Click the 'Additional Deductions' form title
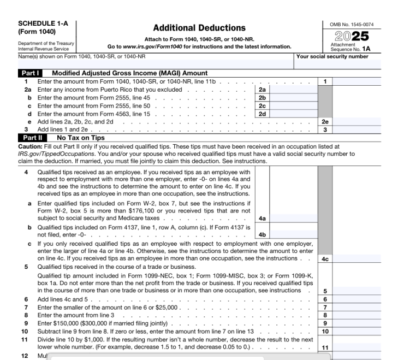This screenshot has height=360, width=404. pyautogui.click(x=199, y=28)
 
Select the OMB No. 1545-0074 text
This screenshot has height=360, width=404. pyautogui.click(x=352, y=23)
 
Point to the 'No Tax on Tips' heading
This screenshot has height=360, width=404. pyautogui.click(x=81, y=138)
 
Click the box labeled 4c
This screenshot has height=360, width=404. pyautogui.click(x=325, y=259)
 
